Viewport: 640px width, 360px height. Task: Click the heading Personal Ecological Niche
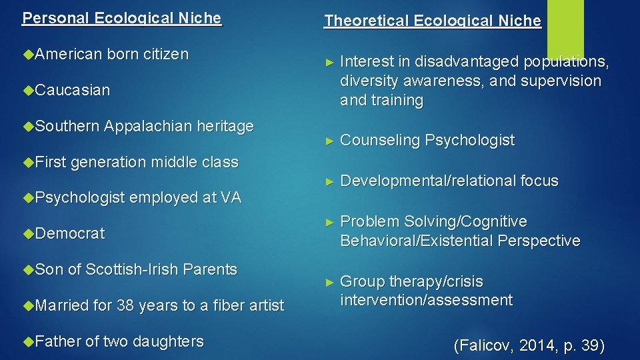122,18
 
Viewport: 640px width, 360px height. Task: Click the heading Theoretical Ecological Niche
433,21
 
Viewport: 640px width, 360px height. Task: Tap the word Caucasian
73,90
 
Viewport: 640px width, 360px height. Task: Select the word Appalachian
147,126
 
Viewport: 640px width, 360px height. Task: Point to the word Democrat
70,233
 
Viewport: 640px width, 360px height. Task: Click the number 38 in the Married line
125,305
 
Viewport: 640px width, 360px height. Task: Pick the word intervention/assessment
426,300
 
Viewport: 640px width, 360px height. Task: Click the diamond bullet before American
27,54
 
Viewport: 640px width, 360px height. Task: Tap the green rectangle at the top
565,27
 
